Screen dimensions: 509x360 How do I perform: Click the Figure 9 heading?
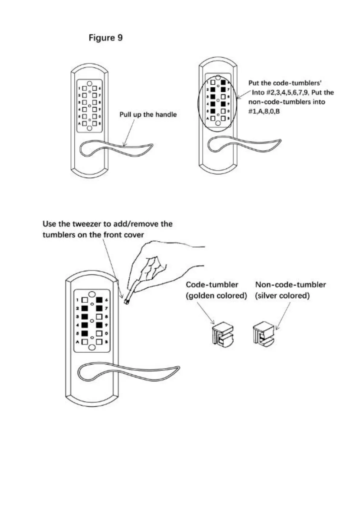105,38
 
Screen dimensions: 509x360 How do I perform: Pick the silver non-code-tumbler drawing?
264,334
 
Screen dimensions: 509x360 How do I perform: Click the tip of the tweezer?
126,301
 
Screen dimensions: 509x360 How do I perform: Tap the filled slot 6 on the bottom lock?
99,300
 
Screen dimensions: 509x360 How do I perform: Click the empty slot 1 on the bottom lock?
85,300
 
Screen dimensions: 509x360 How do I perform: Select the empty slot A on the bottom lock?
85,342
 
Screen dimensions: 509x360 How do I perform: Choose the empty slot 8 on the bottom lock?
99,317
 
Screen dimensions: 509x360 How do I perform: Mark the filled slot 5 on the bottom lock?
85,333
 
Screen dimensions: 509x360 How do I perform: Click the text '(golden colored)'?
216,296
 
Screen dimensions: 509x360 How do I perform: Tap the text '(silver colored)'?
282,296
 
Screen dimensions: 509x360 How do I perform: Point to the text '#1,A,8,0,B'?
264,111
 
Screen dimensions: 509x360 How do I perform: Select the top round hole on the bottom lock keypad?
92,294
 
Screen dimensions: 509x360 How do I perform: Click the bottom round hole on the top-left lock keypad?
89,128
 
